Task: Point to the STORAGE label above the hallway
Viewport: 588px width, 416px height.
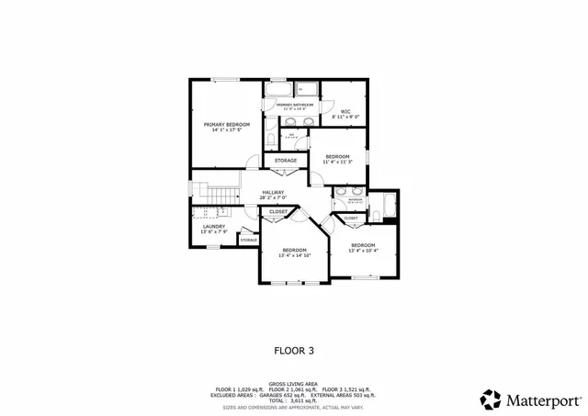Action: [x=286, y=161]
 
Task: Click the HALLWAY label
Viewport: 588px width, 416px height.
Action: [x=273, y=194]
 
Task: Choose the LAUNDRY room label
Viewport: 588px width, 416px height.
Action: [x=214, y=229]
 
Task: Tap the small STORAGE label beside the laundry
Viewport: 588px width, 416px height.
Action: [x=249, y=240]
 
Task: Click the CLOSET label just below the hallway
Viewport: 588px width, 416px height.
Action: [x=277, y=212]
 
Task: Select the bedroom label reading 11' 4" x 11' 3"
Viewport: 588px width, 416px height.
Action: [x=338, y=159]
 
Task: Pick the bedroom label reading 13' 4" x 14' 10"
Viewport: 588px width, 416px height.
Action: [x=294, y=253]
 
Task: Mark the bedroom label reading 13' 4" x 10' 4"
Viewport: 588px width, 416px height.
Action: [x=363, y=247]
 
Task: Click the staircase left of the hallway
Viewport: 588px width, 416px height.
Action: [x=219, y=195]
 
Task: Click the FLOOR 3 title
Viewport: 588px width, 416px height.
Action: [x=294, y=350]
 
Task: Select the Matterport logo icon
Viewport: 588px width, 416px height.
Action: [x=491, y=399]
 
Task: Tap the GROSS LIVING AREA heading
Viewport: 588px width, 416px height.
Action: [x=294, y=384]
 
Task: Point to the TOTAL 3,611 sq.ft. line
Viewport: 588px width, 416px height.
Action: [x=294, y=400]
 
